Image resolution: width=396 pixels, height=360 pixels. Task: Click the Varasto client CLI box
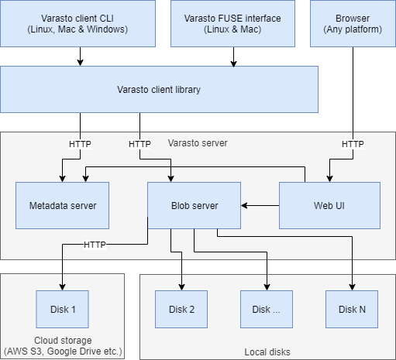click(77, 23)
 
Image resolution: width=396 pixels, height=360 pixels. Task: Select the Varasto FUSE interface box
click(232, 23)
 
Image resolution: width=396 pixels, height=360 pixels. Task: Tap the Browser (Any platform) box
click(353, 23)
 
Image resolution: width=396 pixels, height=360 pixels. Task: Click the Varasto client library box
click(159, 89)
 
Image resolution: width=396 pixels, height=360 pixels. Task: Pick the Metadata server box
click(62, 205)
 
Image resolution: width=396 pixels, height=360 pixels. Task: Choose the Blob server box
click(194, 205)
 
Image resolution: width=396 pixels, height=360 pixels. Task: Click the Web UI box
click(329, 205)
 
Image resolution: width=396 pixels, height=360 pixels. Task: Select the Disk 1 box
click(62, 309)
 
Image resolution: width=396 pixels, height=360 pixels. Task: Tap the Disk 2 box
click(181, 309)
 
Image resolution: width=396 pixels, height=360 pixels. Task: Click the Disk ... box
click(267, 309)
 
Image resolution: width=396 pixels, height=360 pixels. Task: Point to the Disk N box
click(352, 309)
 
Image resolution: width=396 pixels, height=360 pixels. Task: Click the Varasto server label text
click(198, 143)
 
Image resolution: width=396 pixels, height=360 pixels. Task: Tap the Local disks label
click(267, 352)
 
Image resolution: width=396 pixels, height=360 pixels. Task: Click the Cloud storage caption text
click(63, 346)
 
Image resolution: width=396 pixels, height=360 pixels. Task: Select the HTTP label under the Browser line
click(353, 144)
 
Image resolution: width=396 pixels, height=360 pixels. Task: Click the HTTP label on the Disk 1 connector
click(95, 245)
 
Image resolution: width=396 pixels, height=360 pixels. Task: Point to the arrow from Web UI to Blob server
click(260, 205)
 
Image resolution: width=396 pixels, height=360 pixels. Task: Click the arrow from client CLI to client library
click(80, 57)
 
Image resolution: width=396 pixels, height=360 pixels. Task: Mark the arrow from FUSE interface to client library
click(233, 57)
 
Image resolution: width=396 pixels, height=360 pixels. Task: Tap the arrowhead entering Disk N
click(352, 287)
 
